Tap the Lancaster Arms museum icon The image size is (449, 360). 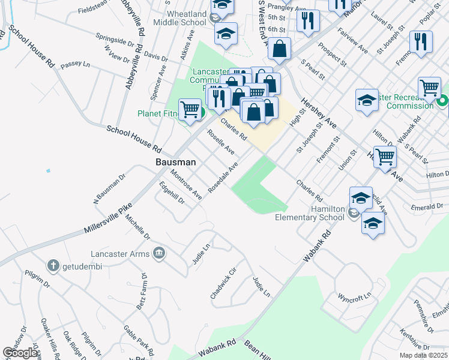tap(158, 253)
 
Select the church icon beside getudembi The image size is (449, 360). tap(53, 266)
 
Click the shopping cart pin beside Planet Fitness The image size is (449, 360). tap(190, 109)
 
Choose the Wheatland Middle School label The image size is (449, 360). tap(179, 18)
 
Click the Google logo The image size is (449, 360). tap(20, 353)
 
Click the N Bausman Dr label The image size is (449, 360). tap(109, 189)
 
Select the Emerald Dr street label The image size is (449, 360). tap(428, 206)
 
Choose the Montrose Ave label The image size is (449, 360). tap(185, 185)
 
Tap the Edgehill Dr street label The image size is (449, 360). tap(172, 194)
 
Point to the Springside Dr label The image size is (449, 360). tap(115, 41)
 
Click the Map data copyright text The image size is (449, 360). tap(423, 355)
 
